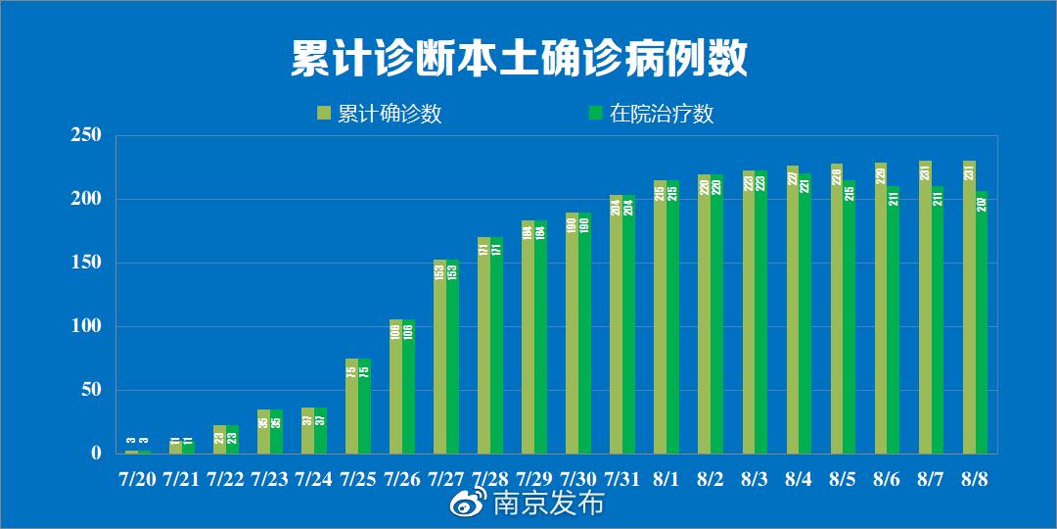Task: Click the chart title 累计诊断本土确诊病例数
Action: pos(519,59)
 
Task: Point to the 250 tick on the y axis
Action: pos(87,135)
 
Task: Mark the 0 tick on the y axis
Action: pos(96,454)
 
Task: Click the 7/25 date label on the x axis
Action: pos(358,479)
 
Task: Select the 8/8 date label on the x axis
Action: pos(975,479)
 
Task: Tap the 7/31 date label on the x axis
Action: pos(622,479)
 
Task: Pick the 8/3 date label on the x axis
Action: pos(755,479)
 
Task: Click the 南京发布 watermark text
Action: pos(548,505)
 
